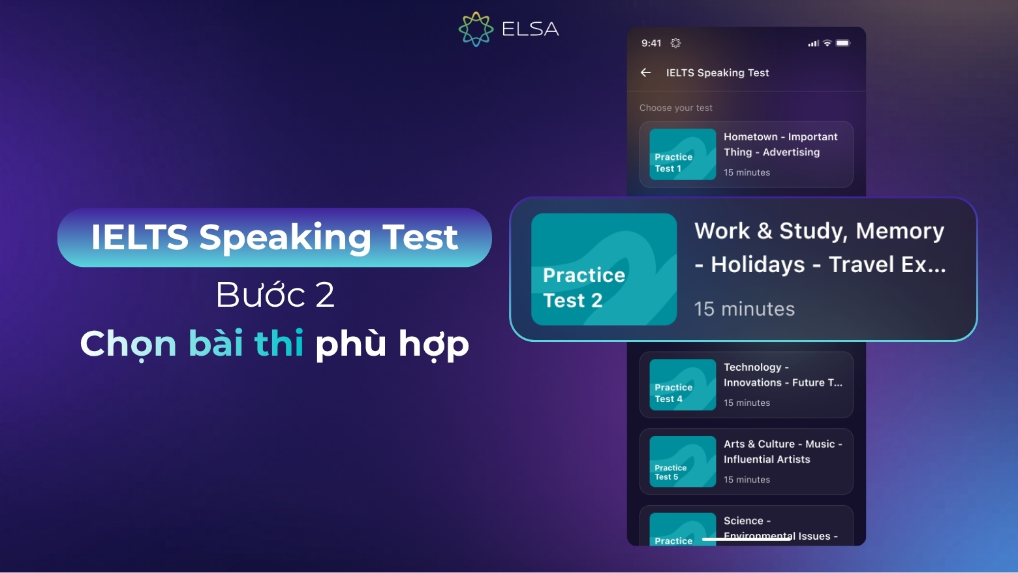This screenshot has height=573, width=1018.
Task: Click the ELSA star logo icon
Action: click(x=476, y=29)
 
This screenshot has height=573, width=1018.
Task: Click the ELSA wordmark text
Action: click(x=530, y=29)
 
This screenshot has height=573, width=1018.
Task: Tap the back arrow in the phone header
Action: click(x=645, y=72)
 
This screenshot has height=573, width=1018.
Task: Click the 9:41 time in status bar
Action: click(x=651, y=43)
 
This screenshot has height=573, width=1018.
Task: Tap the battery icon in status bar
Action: click(x=842, y=43)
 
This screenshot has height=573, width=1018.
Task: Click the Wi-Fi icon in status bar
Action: click(x=827, y=43)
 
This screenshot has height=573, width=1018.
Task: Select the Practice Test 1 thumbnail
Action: click(x=683, y=155)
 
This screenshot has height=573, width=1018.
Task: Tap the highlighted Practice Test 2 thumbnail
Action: click(x=604, y=269)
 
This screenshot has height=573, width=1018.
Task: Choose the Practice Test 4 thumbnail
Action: click(x=683, y=385)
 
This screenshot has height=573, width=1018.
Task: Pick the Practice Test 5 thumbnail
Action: click(x=683, y=461)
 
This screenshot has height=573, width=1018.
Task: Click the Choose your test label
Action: click(x=675, y=108)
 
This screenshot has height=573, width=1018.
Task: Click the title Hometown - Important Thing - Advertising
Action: click(x=780, y=144)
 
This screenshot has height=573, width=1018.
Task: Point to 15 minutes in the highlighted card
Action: click(x=744, y=309)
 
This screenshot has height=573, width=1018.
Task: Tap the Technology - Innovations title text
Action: click(x=782, y=375)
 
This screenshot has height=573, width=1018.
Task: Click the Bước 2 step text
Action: click(x=275, y=294)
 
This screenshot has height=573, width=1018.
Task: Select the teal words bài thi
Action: click(x=246, y=343)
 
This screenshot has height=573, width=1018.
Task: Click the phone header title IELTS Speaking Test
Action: click(x=717, y=72)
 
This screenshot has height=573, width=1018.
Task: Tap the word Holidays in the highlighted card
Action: click(x=758, y=264)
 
